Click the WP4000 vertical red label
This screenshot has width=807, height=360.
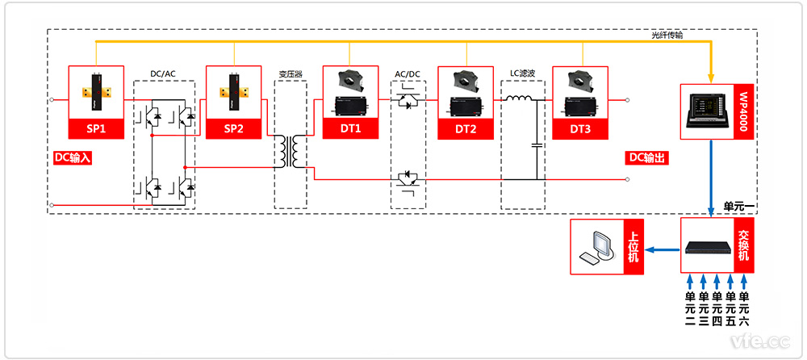(x=743, y=111)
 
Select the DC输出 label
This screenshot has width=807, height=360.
(x=647, y=158)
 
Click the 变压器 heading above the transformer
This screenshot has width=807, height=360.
(x=291, y=73)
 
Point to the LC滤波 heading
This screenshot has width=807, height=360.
(x=521, y=73)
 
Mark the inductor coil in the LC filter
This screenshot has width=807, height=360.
(x=520, y=100)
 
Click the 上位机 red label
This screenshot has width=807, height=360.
(x=634, y=245)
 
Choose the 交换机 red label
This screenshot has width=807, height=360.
(x=743, y=245)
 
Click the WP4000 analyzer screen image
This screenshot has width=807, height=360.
(x=708, y=111)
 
